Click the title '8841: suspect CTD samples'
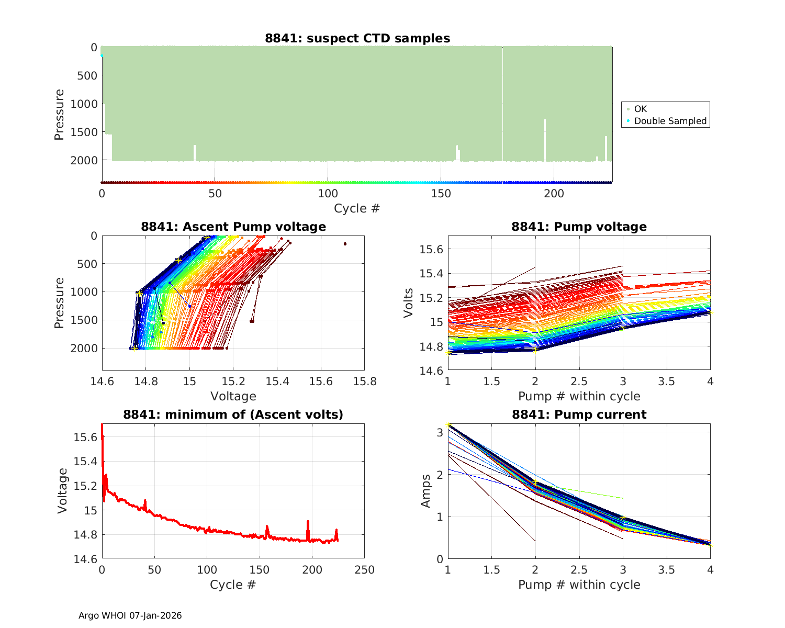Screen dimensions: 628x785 pos(357,38)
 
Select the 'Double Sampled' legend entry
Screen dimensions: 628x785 pos(670,121)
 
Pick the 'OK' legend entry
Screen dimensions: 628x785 pos(640,109)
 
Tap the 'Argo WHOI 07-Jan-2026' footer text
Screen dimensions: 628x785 pos(130,615)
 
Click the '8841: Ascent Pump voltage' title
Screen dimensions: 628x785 pos(233,227)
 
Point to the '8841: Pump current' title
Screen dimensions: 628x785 pos(579,414)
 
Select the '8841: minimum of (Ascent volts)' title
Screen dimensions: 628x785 pos(233,414)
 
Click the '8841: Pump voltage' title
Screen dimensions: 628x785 pos(579,227)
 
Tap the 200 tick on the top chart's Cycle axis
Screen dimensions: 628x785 pos(554,194)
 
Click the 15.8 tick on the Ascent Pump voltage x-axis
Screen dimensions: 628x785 pos(364,381)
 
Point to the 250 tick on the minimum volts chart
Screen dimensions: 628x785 pos(364,569)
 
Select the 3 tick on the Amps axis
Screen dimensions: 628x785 pos(440,432)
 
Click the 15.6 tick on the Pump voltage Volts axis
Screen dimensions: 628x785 pos(432,250)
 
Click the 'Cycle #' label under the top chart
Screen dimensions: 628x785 pos(357,208)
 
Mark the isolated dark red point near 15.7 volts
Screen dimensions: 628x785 pos(345,244)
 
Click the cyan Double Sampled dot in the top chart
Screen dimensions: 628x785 pos(102,55)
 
